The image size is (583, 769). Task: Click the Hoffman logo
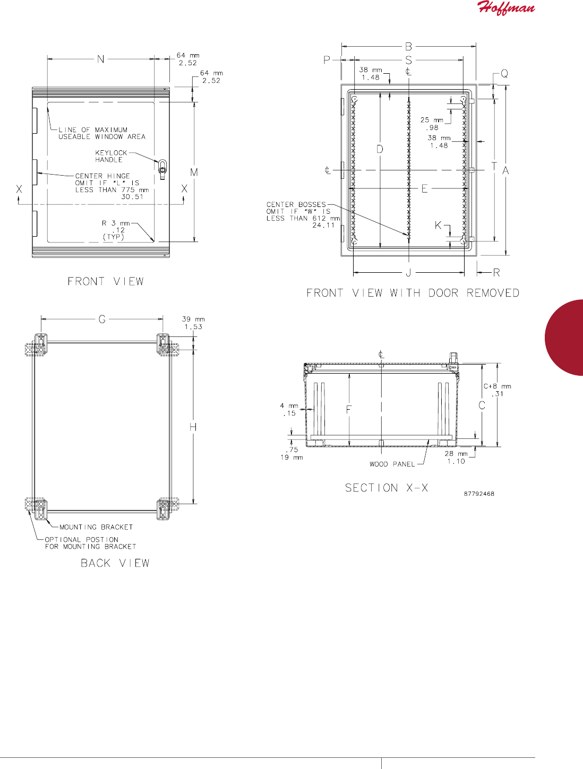[x=506, y=8]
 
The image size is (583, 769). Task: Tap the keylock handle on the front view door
[x=162, y=170]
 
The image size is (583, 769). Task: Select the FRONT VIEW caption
[x=106, y=281]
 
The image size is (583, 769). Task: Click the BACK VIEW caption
[x=115, y=563]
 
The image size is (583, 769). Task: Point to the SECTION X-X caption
[x=387, y=488]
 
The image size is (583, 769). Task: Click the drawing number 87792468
[x=479, y=494]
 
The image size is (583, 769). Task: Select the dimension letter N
[x=101, y=59]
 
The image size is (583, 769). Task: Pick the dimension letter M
[x=194, y=172]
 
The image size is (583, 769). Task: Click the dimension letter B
[x=408, y=46]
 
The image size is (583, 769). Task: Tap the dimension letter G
[x=102, y=319]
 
